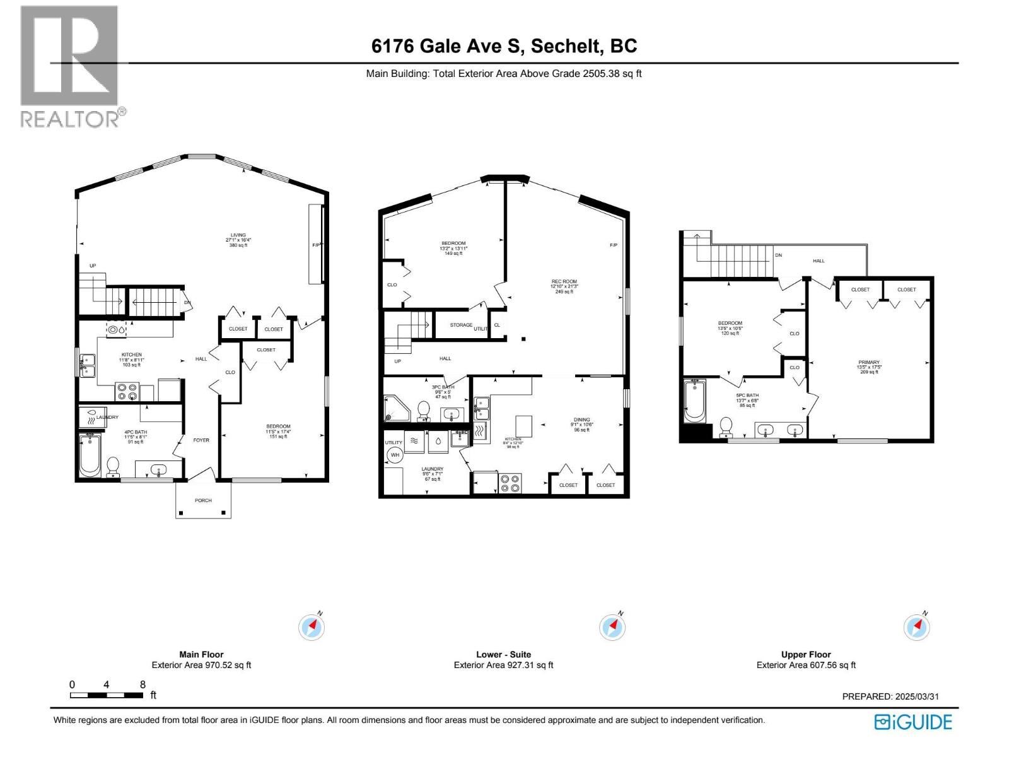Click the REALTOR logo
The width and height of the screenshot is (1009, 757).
69,66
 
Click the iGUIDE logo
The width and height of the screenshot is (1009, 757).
913,722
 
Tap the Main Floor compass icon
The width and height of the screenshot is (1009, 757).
312,627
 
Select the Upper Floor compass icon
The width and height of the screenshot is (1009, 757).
916,627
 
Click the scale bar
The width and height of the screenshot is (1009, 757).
107,695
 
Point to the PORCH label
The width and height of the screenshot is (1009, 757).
203,500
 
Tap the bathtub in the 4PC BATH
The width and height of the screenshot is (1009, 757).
90,455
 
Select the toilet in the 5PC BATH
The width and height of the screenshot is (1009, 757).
726,426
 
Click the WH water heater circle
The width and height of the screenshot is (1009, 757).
395,455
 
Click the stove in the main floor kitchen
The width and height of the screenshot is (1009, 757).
127,392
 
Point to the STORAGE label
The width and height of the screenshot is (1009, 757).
461,325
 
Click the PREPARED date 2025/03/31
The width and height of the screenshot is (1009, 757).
890,696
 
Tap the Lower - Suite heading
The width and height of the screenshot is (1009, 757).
503,654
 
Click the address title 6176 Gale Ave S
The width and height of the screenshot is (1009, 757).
504,46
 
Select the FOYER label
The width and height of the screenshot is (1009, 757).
201,440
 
